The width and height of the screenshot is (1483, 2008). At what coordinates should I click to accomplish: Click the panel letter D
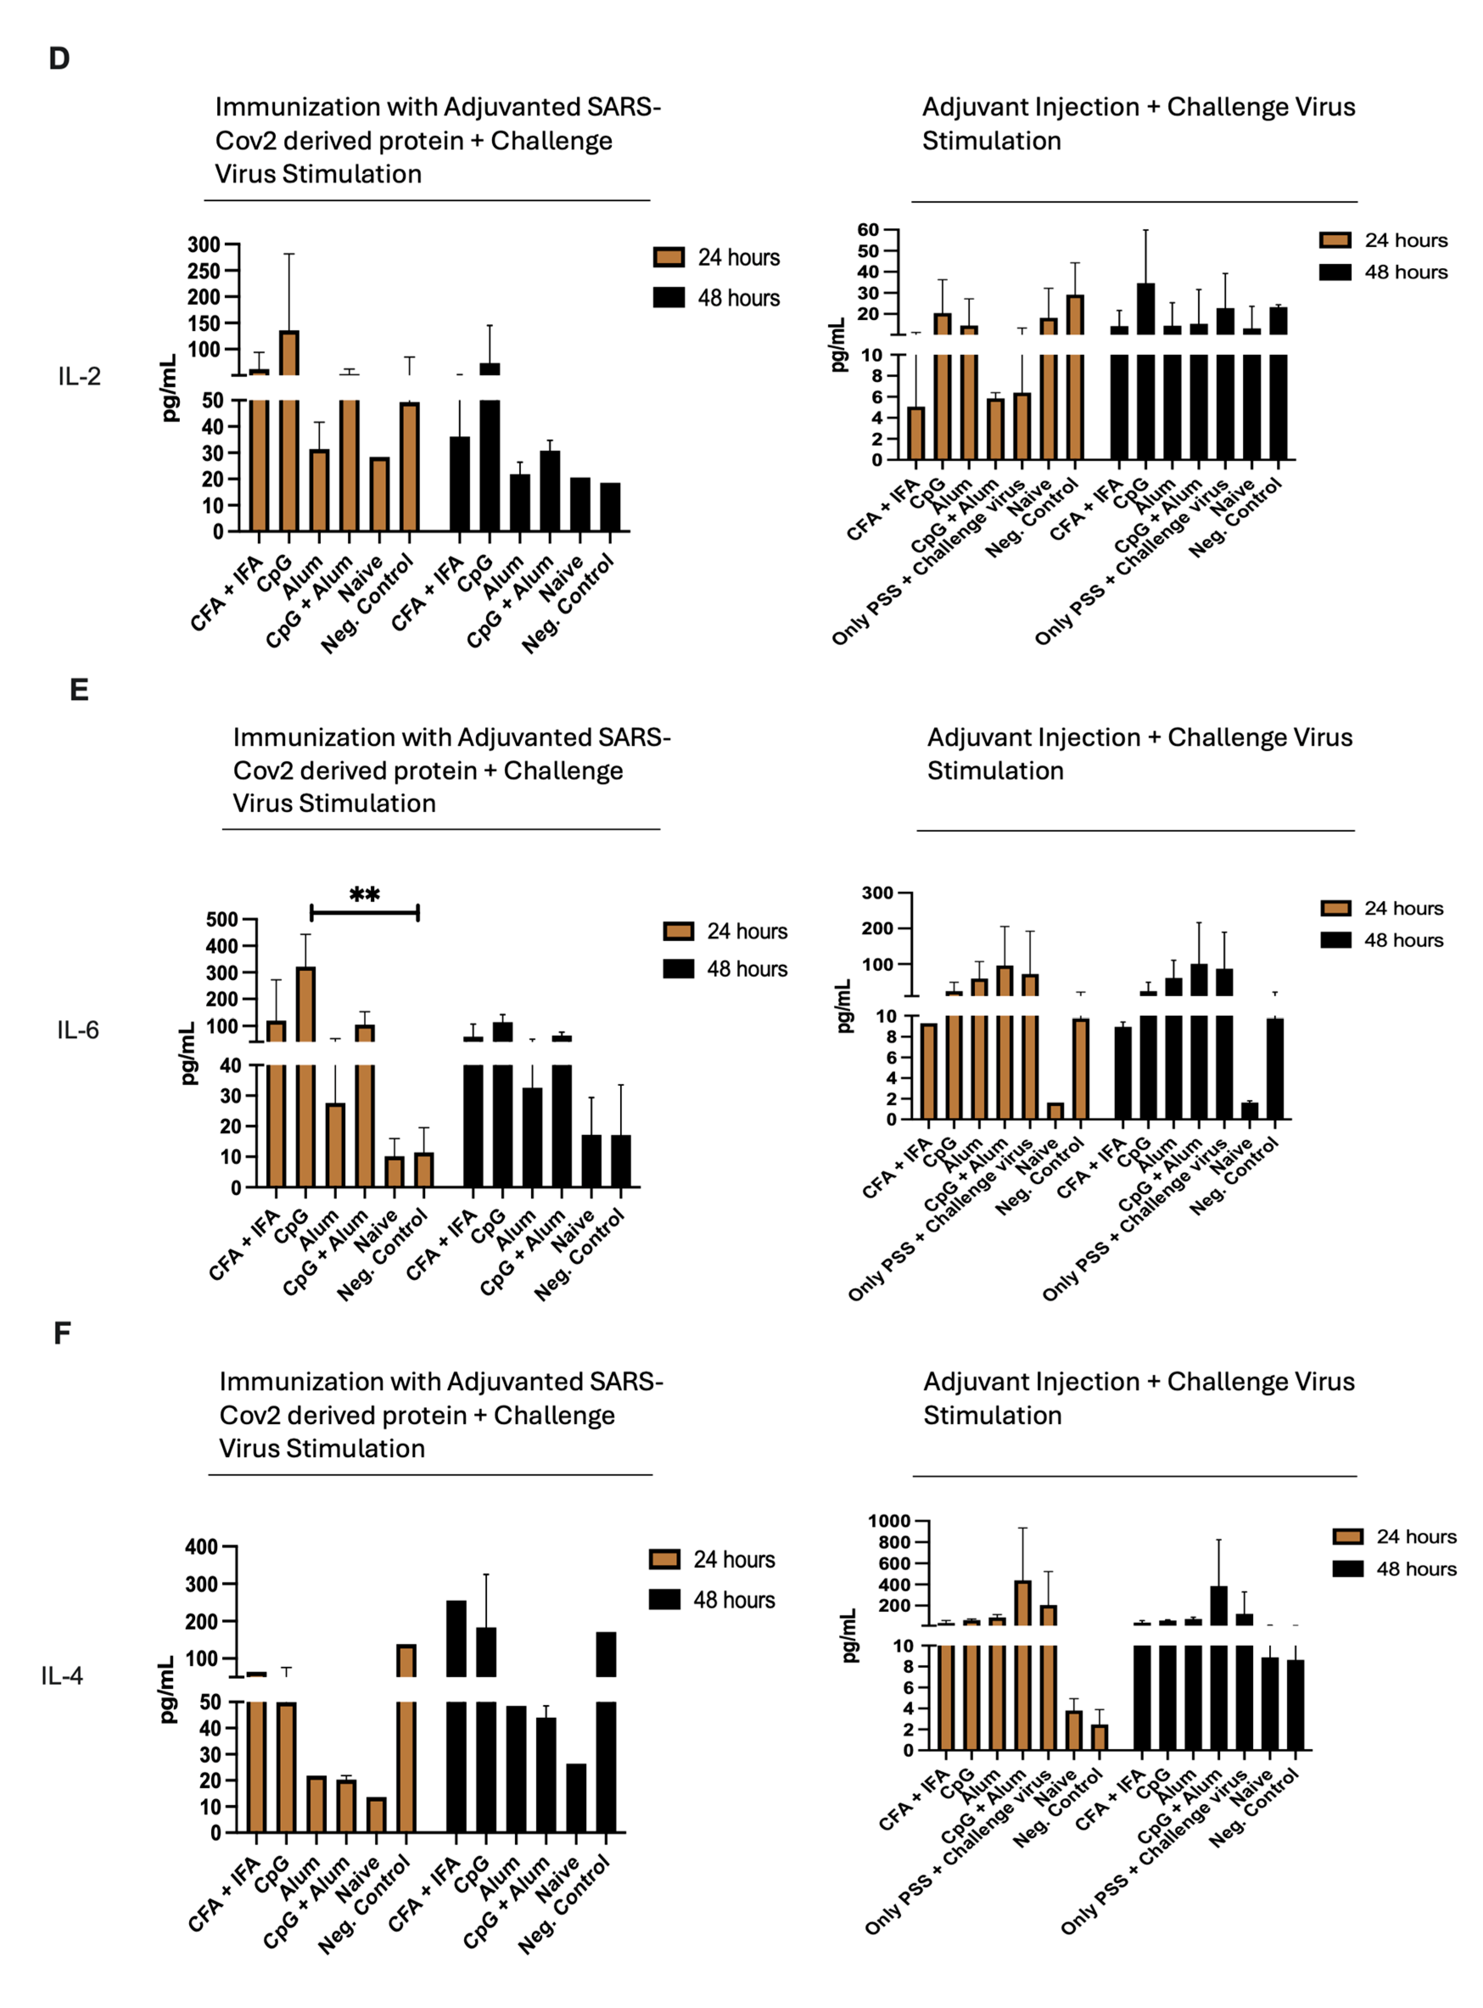(x=59, y=59)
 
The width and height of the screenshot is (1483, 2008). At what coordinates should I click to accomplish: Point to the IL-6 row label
(x=78, y=1030)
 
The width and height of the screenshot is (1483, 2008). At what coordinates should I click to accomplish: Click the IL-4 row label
(x=62, y=1676)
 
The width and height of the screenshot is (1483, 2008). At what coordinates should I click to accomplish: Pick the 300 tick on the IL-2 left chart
(x=204, y=245)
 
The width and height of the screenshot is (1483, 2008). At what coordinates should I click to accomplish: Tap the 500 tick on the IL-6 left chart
(x=222, y=919)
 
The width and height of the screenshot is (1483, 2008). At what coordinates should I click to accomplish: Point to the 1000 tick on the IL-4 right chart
(x=889, y=1521)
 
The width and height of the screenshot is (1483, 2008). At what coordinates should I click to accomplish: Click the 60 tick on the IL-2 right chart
(x=868, y=230)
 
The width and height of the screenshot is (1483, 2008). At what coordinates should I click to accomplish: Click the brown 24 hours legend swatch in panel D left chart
(x=669, y=257)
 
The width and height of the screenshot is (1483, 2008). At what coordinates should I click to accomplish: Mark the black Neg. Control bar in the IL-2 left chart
(x=610, y=507)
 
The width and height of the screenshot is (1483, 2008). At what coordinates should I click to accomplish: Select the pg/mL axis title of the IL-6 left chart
(x=188, y=1053)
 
